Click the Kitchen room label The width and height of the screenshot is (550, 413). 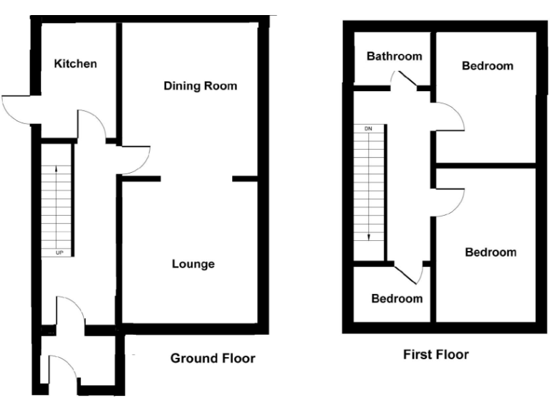coord(75,64)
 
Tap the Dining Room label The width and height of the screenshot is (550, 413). coord(200,86)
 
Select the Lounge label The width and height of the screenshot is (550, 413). coord(193,264)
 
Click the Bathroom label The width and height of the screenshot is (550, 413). coord(394,57)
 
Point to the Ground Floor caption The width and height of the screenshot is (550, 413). coord(212,358)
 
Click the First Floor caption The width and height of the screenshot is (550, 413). coord(435,354)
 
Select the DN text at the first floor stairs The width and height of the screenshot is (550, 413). coord(369,128)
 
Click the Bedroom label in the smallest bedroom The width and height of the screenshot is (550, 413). coord(396,298)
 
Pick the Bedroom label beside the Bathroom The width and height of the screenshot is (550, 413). coord(487,66)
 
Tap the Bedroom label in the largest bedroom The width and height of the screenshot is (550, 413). coord(491,252)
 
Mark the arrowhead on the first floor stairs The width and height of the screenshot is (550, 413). coord(369,237)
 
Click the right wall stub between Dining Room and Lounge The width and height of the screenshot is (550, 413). coord(245,178)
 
